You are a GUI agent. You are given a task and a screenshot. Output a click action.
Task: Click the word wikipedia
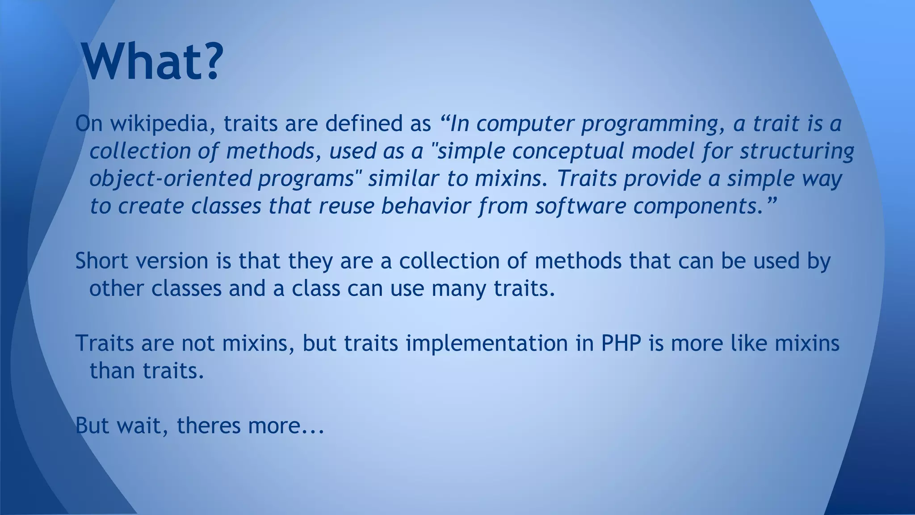(159, 124)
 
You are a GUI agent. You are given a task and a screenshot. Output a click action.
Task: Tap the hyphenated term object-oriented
(170, 179)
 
